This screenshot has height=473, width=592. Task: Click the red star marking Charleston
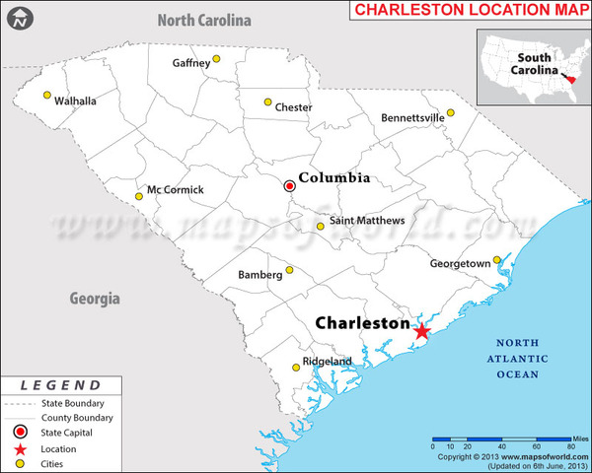pos(421,331)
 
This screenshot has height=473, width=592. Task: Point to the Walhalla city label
pos(75,101)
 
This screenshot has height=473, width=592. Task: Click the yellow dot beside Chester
pos(267,101)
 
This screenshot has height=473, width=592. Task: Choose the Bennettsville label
pos(412,118)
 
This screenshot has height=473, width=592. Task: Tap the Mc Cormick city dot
pos(139,196)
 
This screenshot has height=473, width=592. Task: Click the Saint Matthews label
pos(366,220)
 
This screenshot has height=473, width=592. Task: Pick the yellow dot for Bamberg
pos(290,270)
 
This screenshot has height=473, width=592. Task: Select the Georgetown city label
pos(460,264)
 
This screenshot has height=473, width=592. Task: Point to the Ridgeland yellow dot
pos(296,368)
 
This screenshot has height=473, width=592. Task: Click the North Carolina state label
pos(205,20)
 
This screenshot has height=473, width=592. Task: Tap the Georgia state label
pos(95,298)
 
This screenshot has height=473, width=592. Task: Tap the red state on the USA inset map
pos(572,78)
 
